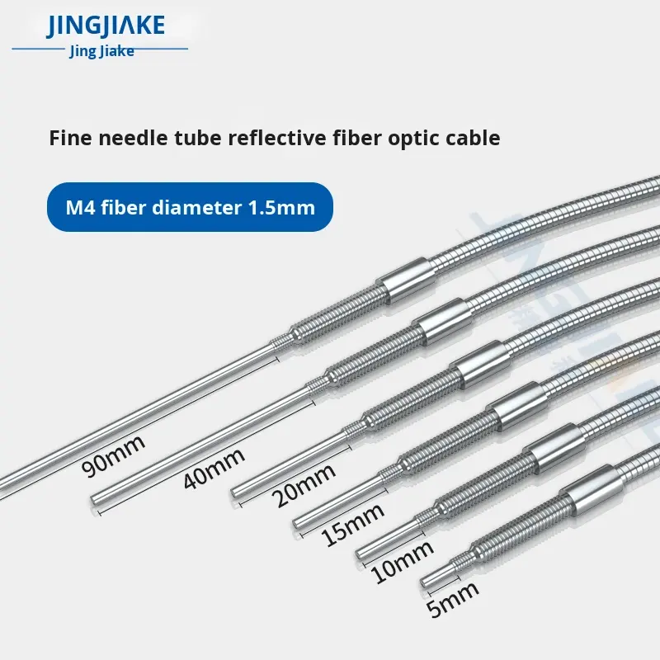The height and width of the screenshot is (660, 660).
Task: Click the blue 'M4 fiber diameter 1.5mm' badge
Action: tap(190, 206)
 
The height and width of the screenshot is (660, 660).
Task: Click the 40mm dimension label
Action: tap(214, 469)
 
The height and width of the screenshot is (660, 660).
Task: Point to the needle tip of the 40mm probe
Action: tap(94, 497)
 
